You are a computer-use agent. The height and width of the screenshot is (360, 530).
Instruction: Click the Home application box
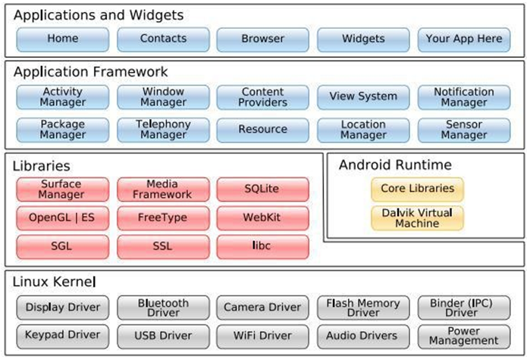(62, 39)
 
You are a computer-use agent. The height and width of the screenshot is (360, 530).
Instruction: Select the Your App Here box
(463, 39)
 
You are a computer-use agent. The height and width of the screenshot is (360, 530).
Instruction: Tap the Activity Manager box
(62, 97)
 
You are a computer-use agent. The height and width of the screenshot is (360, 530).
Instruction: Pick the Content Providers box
(263, 97)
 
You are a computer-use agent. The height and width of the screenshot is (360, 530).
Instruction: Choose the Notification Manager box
(463, 97)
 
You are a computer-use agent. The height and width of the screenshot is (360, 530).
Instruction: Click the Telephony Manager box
(163, 130)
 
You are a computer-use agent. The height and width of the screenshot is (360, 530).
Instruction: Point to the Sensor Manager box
(463, 130)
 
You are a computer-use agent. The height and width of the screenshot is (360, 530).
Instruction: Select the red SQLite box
(263, 189)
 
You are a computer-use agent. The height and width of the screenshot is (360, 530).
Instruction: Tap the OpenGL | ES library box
(62, 218)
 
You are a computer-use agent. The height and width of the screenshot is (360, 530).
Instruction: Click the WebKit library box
(263, 218)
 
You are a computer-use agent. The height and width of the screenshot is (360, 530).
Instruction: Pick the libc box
(263, 246)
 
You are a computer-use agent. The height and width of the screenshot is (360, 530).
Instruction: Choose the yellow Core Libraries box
(416, 189)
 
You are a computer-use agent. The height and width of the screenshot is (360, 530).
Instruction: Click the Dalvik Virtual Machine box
(416, 218)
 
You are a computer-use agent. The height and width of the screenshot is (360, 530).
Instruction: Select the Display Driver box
(62, 307)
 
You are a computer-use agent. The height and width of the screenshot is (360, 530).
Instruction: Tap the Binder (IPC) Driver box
(463, 307)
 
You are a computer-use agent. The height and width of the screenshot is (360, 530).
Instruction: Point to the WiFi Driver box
(263, 335)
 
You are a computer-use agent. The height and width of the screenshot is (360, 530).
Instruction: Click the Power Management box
(463, 335)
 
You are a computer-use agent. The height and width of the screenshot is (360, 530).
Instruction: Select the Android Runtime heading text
(395, 164)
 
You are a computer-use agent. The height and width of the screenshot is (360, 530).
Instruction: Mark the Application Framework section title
(90, 72)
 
